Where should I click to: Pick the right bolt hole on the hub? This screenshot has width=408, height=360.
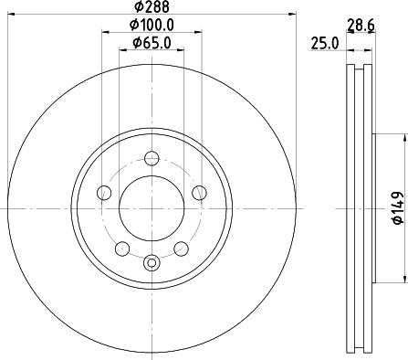(199, 192)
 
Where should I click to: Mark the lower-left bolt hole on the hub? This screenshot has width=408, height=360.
(121, 248)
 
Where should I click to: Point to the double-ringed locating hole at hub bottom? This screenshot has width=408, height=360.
(152, 265)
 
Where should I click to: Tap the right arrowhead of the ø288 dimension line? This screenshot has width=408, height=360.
(294, 14)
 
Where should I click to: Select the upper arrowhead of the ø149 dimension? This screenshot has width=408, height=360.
(398, 136)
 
